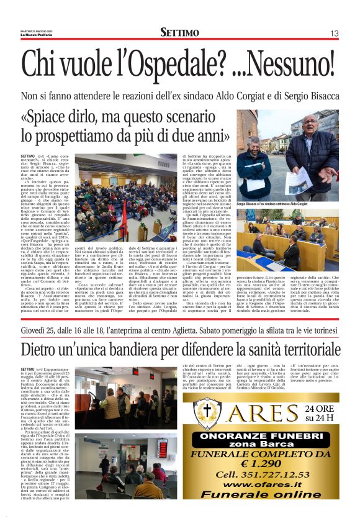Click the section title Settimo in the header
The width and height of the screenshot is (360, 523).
point(179,33)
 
